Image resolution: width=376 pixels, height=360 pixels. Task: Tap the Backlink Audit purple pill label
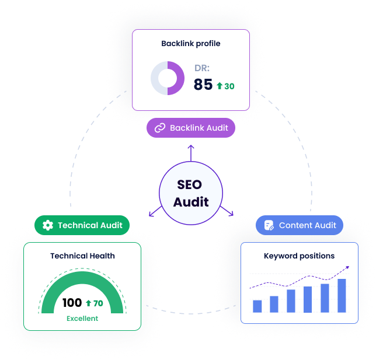pos(191,128)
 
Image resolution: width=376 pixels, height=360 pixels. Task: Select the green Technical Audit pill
pos(82,225)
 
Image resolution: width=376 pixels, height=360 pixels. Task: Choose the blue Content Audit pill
pos(299,225)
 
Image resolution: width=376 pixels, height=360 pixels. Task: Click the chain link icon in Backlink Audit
pos(160,128)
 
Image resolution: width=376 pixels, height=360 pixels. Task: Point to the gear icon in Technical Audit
pos(48,225)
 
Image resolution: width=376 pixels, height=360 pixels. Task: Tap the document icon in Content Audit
pos(269,225)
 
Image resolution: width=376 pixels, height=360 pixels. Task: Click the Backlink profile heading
pos(190,43)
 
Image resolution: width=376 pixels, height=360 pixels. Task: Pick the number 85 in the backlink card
pos(203,85)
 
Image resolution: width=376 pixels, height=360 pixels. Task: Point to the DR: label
pos(201,68)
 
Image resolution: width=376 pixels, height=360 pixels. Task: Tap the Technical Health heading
pos(82,256)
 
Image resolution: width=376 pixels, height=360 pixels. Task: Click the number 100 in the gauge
pos(72,303)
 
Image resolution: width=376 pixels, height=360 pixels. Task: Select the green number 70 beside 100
pos(98,303)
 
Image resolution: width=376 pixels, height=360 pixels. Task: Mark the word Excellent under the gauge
pos(82,319)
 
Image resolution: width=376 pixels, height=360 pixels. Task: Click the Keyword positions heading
pos(299,256)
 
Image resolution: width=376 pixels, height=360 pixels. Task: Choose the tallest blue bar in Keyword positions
pos(342,295)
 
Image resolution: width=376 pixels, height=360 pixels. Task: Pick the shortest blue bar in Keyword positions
pos(257,306)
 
